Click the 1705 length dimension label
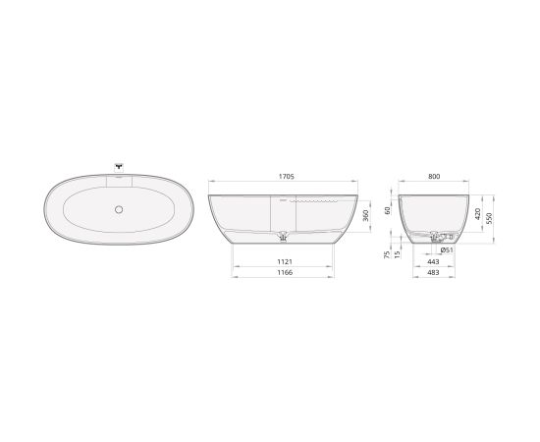click(x=286, y=177)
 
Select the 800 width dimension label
click(x=434, y=177)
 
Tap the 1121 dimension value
click(x=285, y=262)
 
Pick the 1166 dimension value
click(x=285, y=272)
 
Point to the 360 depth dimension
click(x=366, y=216)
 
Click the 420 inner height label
click(x=478, y=214)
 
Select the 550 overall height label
click(x=489, y=218)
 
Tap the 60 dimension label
click(x=388, y=210)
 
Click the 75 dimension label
click(x=387, y=254)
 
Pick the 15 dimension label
click(x=397, y=254)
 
